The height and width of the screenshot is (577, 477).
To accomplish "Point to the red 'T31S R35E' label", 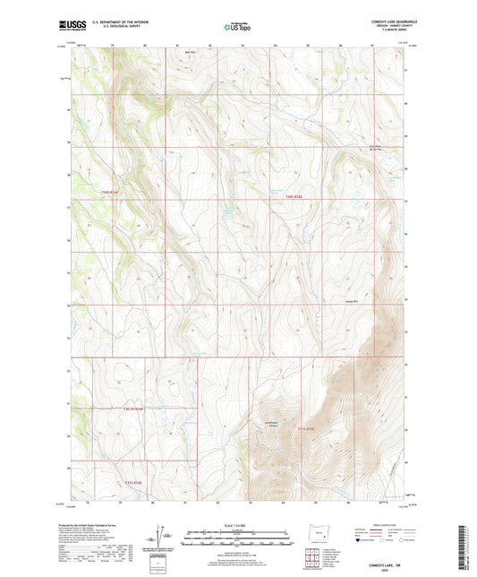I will [305, 428].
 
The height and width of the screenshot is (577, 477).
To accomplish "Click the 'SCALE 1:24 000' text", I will [238, 524].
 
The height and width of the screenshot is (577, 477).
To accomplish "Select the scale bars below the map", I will [238, 538].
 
